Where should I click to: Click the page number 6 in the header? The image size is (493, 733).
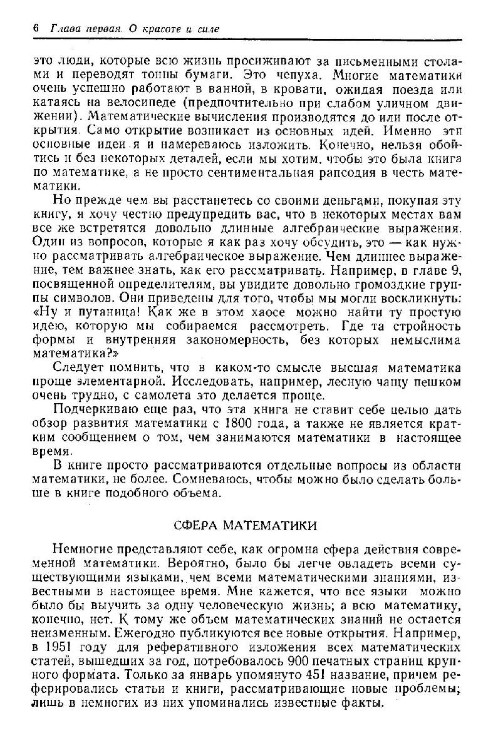click(x=36, y=29)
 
